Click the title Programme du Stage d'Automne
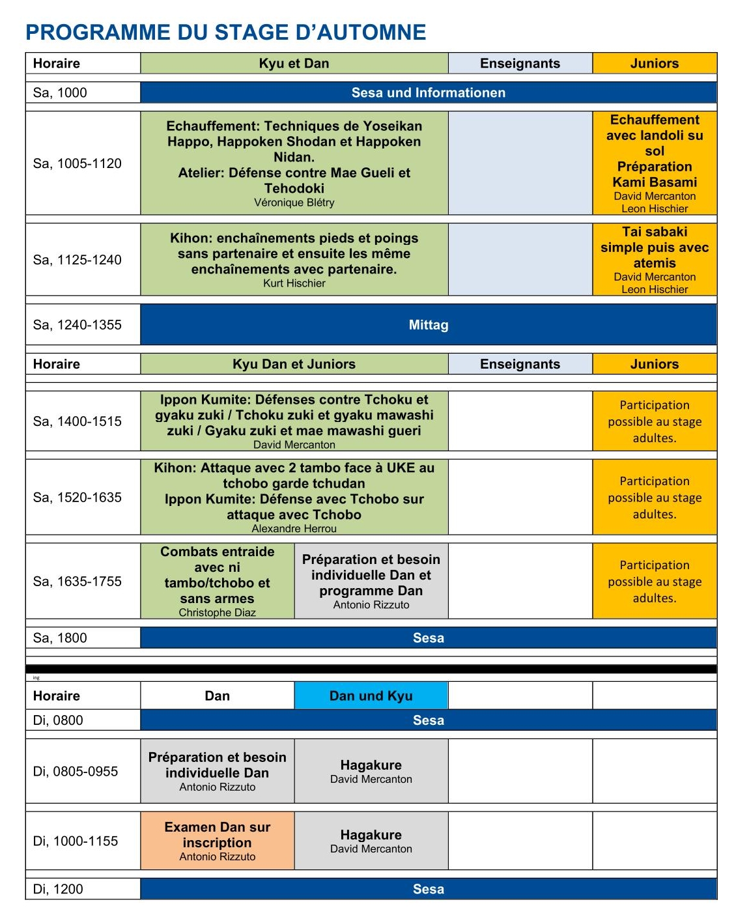coord(225,33)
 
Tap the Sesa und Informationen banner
coord(428,92)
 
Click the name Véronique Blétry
coord(294,203)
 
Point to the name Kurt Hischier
coord(294,283)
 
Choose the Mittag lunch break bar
coord(428,325)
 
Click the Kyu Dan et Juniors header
coord(294,364)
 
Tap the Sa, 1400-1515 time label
coord(77,421)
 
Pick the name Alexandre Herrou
coord(294,529)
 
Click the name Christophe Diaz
coord(217,613)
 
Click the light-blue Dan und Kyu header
coord(371,696)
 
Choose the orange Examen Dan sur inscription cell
coord(217,840)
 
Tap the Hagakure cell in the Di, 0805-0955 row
coord(371,771)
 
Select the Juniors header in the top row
coord(655,63)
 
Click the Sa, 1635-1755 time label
coord(77,582)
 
